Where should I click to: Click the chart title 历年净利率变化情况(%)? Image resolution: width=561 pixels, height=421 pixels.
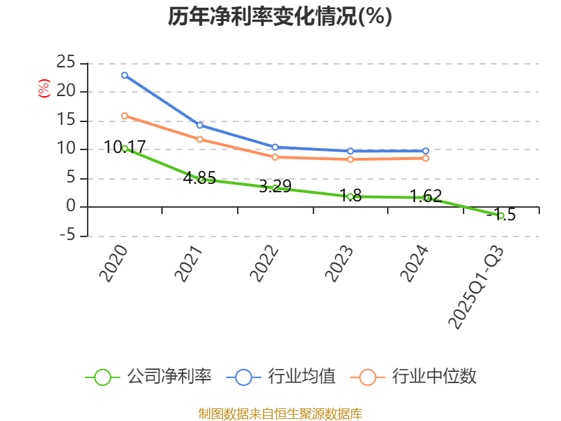280,17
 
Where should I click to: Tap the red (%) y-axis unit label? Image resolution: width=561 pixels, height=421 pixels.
43,88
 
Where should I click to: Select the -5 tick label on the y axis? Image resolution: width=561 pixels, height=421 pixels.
67,236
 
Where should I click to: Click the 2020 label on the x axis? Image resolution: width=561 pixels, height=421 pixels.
113,263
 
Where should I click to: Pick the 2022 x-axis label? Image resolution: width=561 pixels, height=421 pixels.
264,263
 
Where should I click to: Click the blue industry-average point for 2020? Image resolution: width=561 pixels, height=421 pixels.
124,75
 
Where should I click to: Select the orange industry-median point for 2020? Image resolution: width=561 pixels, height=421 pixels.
124,116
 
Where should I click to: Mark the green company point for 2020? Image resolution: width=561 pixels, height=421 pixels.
124,148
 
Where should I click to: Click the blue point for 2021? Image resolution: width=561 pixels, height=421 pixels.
200,125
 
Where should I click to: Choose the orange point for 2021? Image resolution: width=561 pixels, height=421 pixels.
200,139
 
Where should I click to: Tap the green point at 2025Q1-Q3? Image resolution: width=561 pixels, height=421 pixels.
501,215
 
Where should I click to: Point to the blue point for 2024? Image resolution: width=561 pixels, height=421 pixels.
426,151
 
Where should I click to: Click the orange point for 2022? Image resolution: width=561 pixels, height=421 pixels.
275,157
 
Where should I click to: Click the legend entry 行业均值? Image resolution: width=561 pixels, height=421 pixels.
281,377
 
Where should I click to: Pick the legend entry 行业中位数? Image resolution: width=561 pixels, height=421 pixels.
418,377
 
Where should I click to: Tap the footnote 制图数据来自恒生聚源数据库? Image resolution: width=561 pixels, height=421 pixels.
280,413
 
